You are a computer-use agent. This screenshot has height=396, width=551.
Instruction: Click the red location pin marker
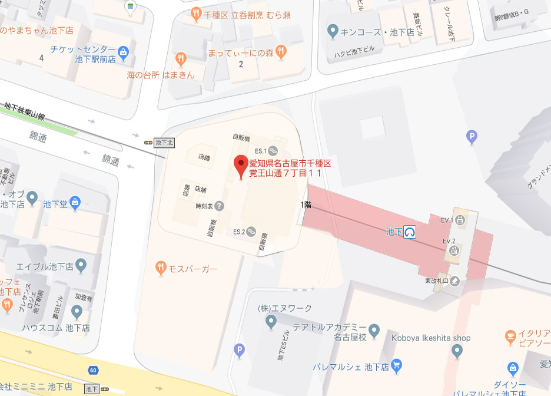(x=241, y=166)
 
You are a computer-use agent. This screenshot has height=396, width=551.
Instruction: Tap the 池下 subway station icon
(x=410, y=232)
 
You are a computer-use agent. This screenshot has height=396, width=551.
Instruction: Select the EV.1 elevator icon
(x=459, y=220)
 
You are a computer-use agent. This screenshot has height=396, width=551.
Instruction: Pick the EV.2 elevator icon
(x=454, y=250)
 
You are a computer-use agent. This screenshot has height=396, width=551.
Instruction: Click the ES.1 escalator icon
(x=273, y=151)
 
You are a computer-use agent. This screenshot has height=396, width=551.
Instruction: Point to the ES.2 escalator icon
(x=251, y=231)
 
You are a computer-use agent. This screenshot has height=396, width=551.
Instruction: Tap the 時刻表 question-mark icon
(x=219, y=206)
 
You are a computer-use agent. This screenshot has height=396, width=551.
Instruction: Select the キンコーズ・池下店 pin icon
(x=333, y=31)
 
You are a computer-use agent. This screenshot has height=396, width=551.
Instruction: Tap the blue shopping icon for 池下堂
(x=75, y=204)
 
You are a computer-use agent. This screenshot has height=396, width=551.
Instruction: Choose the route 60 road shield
(x=94, y=369)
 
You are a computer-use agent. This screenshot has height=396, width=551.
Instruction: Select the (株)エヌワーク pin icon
(x=271, y=321)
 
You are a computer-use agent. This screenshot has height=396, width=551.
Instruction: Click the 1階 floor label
(x=306, y=205)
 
